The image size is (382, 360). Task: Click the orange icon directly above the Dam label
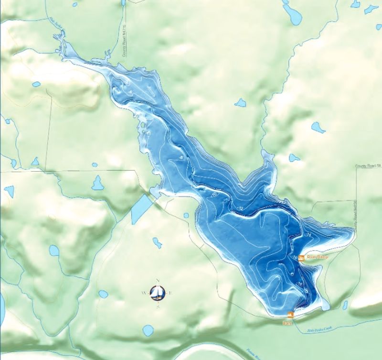(x=289, y=315)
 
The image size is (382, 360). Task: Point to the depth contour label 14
(x=309, y=234)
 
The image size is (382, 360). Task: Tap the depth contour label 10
(x=214, y=195)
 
